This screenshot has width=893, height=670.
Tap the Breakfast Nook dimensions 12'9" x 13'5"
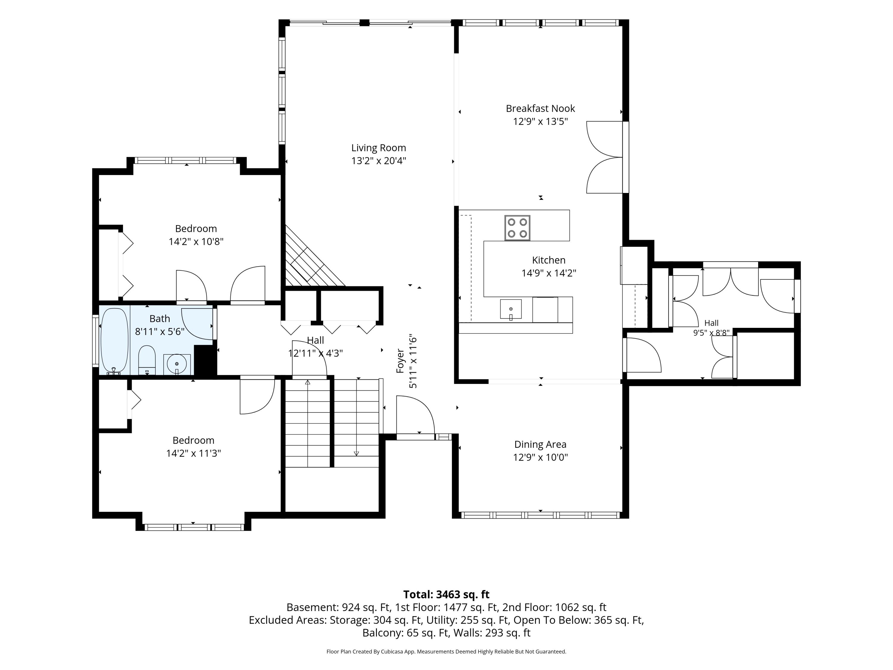tap(540, 121)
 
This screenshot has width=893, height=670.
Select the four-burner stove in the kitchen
tap(517, 228)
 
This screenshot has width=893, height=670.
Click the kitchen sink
tap(511, 309)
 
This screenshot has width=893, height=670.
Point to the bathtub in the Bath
tap(114, 341)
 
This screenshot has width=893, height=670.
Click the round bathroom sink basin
tap(177, 364)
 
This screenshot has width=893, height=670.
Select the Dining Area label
tap(540, 444)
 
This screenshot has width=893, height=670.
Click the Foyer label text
tap(400, 361)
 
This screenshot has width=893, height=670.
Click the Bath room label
tap(160, 319)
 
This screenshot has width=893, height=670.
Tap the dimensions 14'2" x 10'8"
tap(196, 241)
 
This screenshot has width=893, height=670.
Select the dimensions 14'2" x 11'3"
tap(193, 453)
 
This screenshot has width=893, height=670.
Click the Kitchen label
tap(549, 260)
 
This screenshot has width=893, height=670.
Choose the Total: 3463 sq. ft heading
tap(446, 594)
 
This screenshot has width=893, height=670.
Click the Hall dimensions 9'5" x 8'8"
tap(711, 333)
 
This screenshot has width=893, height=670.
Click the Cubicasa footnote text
tap(446, 652)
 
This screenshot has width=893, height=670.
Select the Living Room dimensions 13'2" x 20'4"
tap(378, 161)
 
